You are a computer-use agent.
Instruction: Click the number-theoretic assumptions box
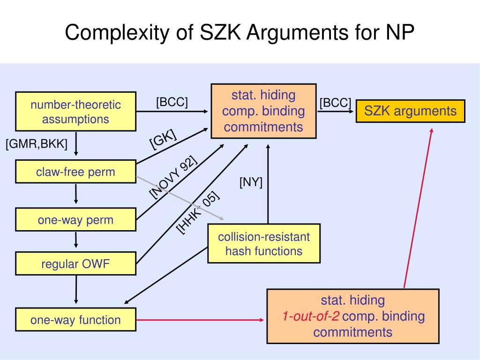pyautogui.click(x=75, y=112)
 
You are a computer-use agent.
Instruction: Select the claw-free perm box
pyautogui.click(x=75, y=172)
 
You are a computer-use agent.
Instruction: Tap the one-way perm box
pyautogui.click(x=75, y=220)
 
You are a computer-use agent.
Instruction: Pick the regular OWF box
pyautogui.click(x=75, y=264)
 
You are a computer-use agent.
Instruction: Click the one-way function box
pyautogui.click(x=75, y=320)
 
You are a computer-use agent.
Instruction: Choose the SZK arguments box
pyautogui.click(x=410, y=111)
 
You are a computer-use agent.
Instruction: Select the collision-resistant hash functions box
pyautogui.click(x=264, y=244)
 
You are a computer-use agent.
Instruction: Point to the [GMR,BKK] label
pyautogui.click(x=37, y=144)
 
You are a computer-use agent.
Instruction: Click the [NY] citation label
pyautogui.click(x=251, y=182)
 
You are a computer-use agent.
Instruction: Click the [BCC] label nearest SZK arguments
pyautogui.click(x=335, y=103)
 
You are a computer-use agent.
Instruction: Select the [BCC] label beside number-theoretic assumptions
pyautogui.click(x=172, y=102)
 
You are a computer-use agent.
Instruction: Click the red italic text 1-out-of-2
pyautogui.click(x=310, y=316)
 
